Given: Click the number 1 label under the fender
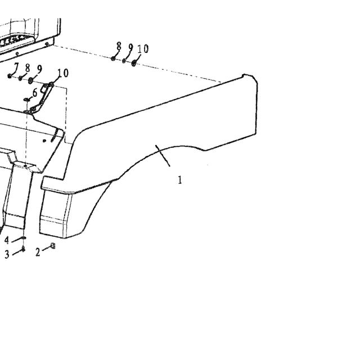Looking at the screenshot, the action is click(x=180, y=179).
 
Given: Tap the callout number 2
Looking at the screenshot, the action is click(x=38, y=253).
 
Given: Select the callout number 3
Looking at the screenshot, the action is click(x=7, y=254).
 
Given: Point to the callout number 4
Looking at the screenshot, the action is click(x=7, y=240).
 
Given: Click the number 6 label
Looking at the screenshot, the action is click(x=35, y=93).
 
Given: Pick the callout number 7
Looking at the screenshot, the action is click(x=16, y=66).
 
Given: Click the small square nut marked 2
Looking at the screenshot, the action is click(x=53, y=246).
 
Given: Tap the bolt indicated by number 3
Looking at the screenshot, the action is click(x=23, y=249).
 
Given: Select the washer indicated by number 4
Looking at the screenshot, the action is click(x=24, y=237).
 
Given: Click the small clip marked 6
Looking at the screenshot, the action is click(x=26, y=99).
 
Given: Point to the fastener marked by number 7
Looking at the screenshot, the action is click(x=10, y=76).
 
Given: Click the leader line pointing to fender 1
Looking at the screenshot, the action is click(x=163, y=155).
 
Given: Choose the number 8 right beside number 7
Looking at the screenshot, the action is click(x=28, y=68).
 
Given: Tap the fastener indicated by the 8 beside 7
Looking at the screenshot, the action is click(x=20, y=78).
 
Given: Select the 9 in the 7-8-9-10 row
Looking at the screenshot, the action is click(x=39, y=69).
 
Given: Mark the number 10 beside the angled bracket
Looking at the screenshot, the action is click(x=63, y=73).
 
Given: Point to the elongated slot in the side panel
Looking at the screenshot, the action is click(x=53, y=135).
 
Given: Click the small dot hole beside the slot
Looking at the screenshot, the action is click(x=44, y=141).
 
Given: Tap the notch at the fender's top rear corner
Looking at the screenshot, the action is click(x=244, y=75).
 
